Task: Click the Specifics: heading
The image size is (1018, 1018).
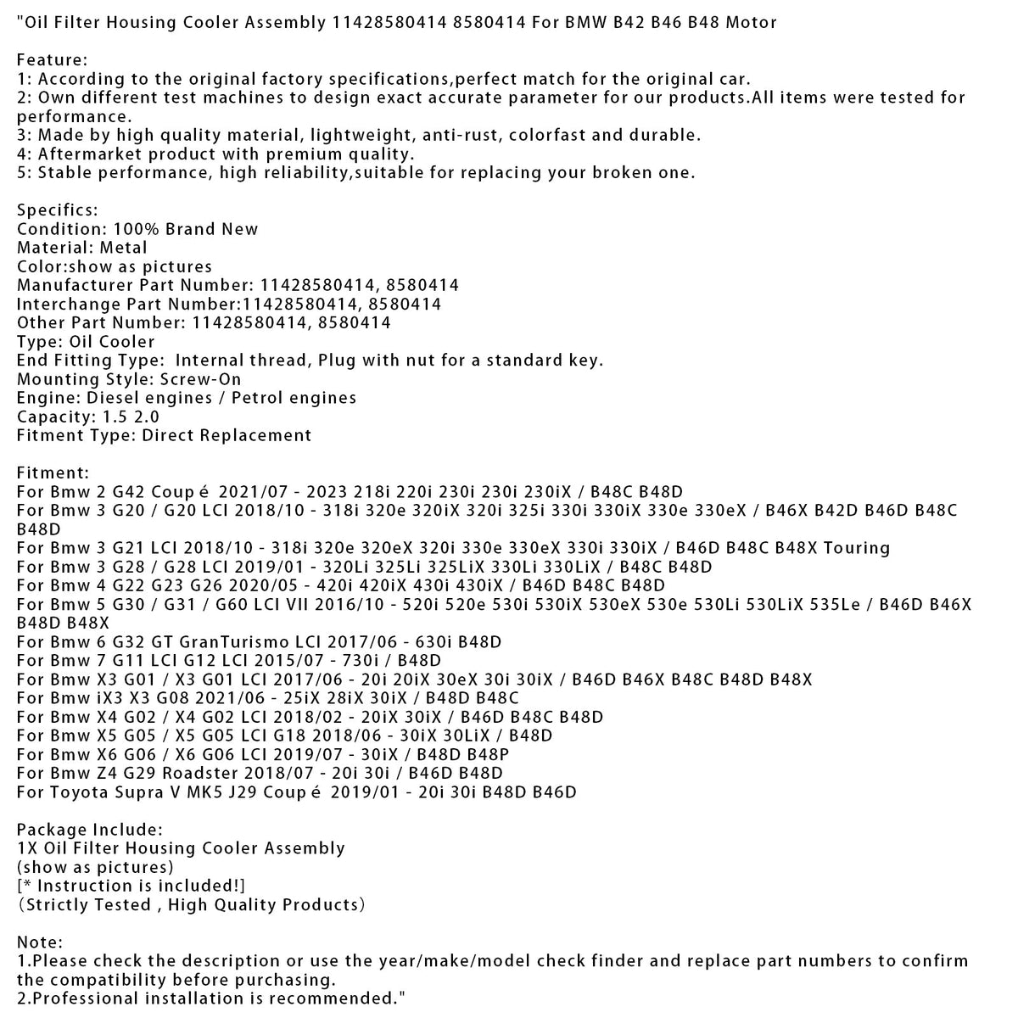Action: pyautogui.click(x=58, y=210)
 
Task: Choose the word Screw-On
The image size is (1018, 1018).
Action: pyautogui.click(x=200, y=379)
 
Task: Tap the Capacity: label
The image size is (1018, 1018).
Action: pyautogui.click(x=54, y=417)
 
